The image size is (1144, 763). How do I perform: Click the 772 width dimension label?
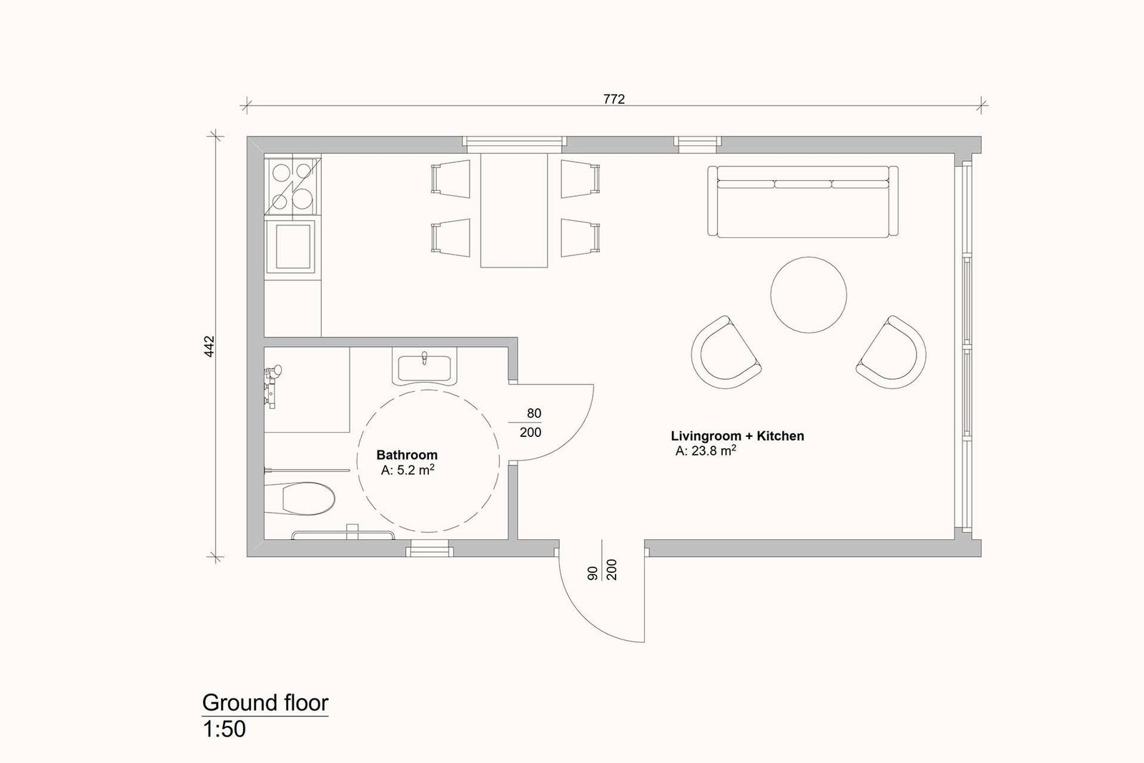pyautogui.click(x=614, y=99)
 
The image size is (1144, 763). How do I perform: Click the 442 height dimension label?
pyautogui.click(x=209, y=346)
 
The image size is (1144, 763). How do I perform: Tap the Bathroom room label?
pyautogui.click(x=407, y=455)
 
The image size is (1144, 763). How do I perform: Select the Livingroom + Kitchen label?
pyautogui.click(x=737, y=435)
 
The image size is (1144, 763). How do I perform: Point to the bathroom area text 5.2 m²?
pyautogui.click(x=408, y=470)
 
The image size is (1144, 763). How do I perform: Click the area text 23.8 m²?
pyautogui.click(x=706, y=451)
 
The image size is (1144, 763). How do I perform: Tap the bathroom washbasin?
pyautogui.click(x=425, y=366)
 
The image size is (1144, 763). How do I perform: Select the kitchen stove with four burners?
pyautogui.click(x=292, y=186)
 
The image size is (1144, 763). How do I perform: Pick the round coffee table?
pyautogui.click(x=809, y=295)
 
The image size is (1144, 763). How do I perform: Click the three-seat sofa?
pyautogui.click(x=803, y=201)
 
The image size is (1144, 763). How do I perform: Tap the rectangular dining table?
pyautogui.click(x=514, y=210)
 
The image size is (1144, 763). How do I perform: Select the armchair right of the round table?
pyautogui.click(x=892, y=352)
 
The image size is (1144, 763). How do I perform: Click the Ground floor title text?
pyautogui.click(x=265, y=703)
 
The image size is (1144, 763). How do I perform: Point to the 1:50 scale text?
pyautogui.click(x=225, y=729)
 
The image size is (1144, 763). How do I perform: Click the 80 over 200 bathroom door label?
pyautogui.click(x=530, y=423)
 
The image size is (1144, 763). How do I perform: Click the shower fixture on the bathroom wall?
pyautogui.click(x=272, y=385)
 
